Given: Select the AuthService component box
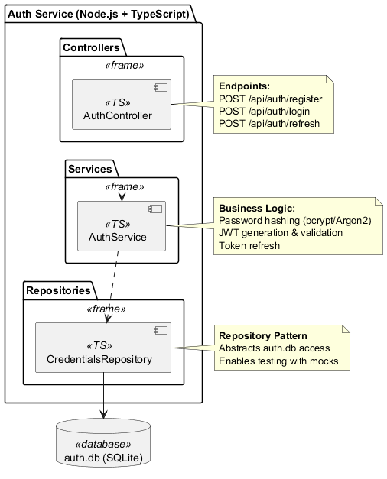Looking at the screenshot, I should click(x=122, y=225).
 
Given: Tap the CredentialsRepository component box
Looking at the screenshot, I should click(x=103, y=347).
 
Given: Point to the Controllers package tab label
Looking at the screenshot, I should click(x=91, y=47).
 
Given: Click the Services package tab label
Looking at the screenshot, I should click(x=89, y=169).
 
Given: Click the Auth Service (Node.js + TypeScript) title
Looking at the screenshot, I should click(x=98, y=14).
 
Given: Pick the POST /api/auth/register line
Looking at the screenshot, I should click(x=270, y=99).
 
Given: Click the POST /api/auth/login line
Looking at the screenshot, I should click(x=264, y=111).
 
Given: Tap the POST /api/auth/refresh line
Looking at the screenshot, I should click(x=268, y=123).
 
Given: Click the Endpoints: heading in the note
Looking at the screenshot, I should click(x=244, y=86).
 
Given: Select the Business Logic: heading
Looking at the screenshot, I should click(x=257, y=209).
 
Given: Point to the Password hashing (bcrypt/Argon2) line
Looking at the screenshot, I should click(x=294, y=221).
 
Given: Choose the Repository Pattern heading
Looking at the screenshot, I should click(x=263, y=336).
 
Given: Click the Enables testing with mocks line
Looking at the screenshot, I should click(x=278, y=361).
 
